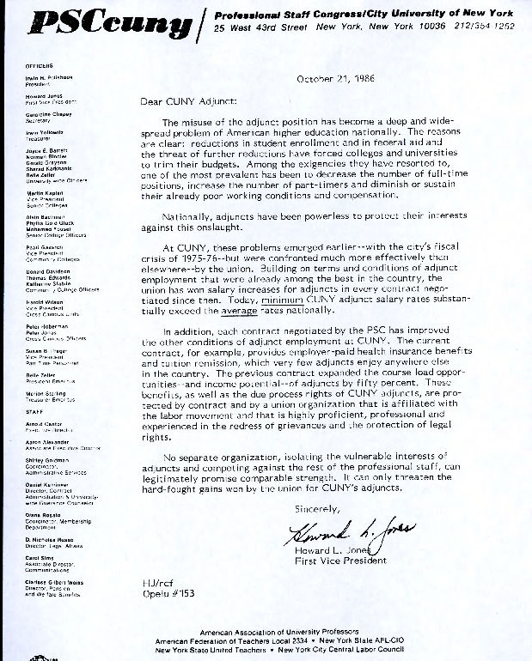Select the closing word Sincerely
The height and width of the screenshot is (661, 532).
click(x=319, y=509)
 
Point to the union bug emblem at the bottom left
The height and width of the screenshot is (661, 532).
click(x=38, y=656)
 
